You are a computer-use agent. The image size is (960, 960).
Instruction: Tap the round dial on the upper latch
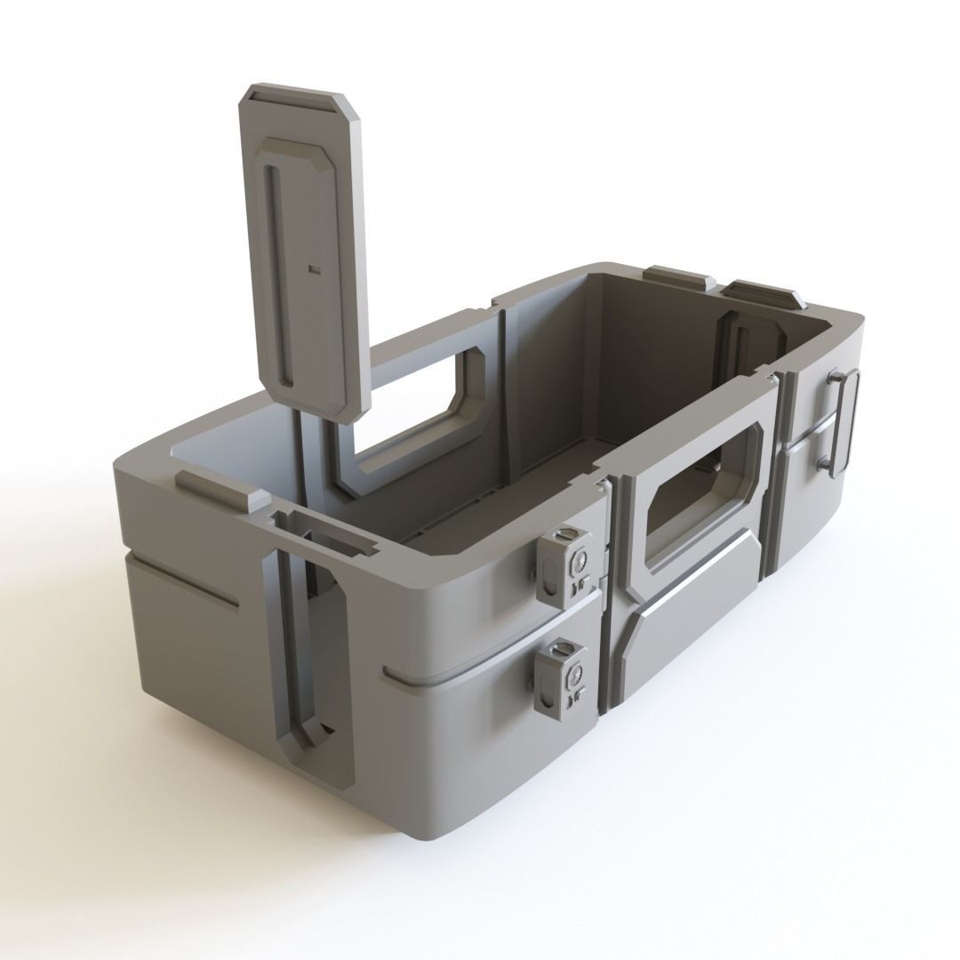[x=580, y=561]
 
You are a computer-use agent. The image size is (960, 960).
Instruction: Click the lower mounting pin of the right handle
[x=823, y=463]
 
